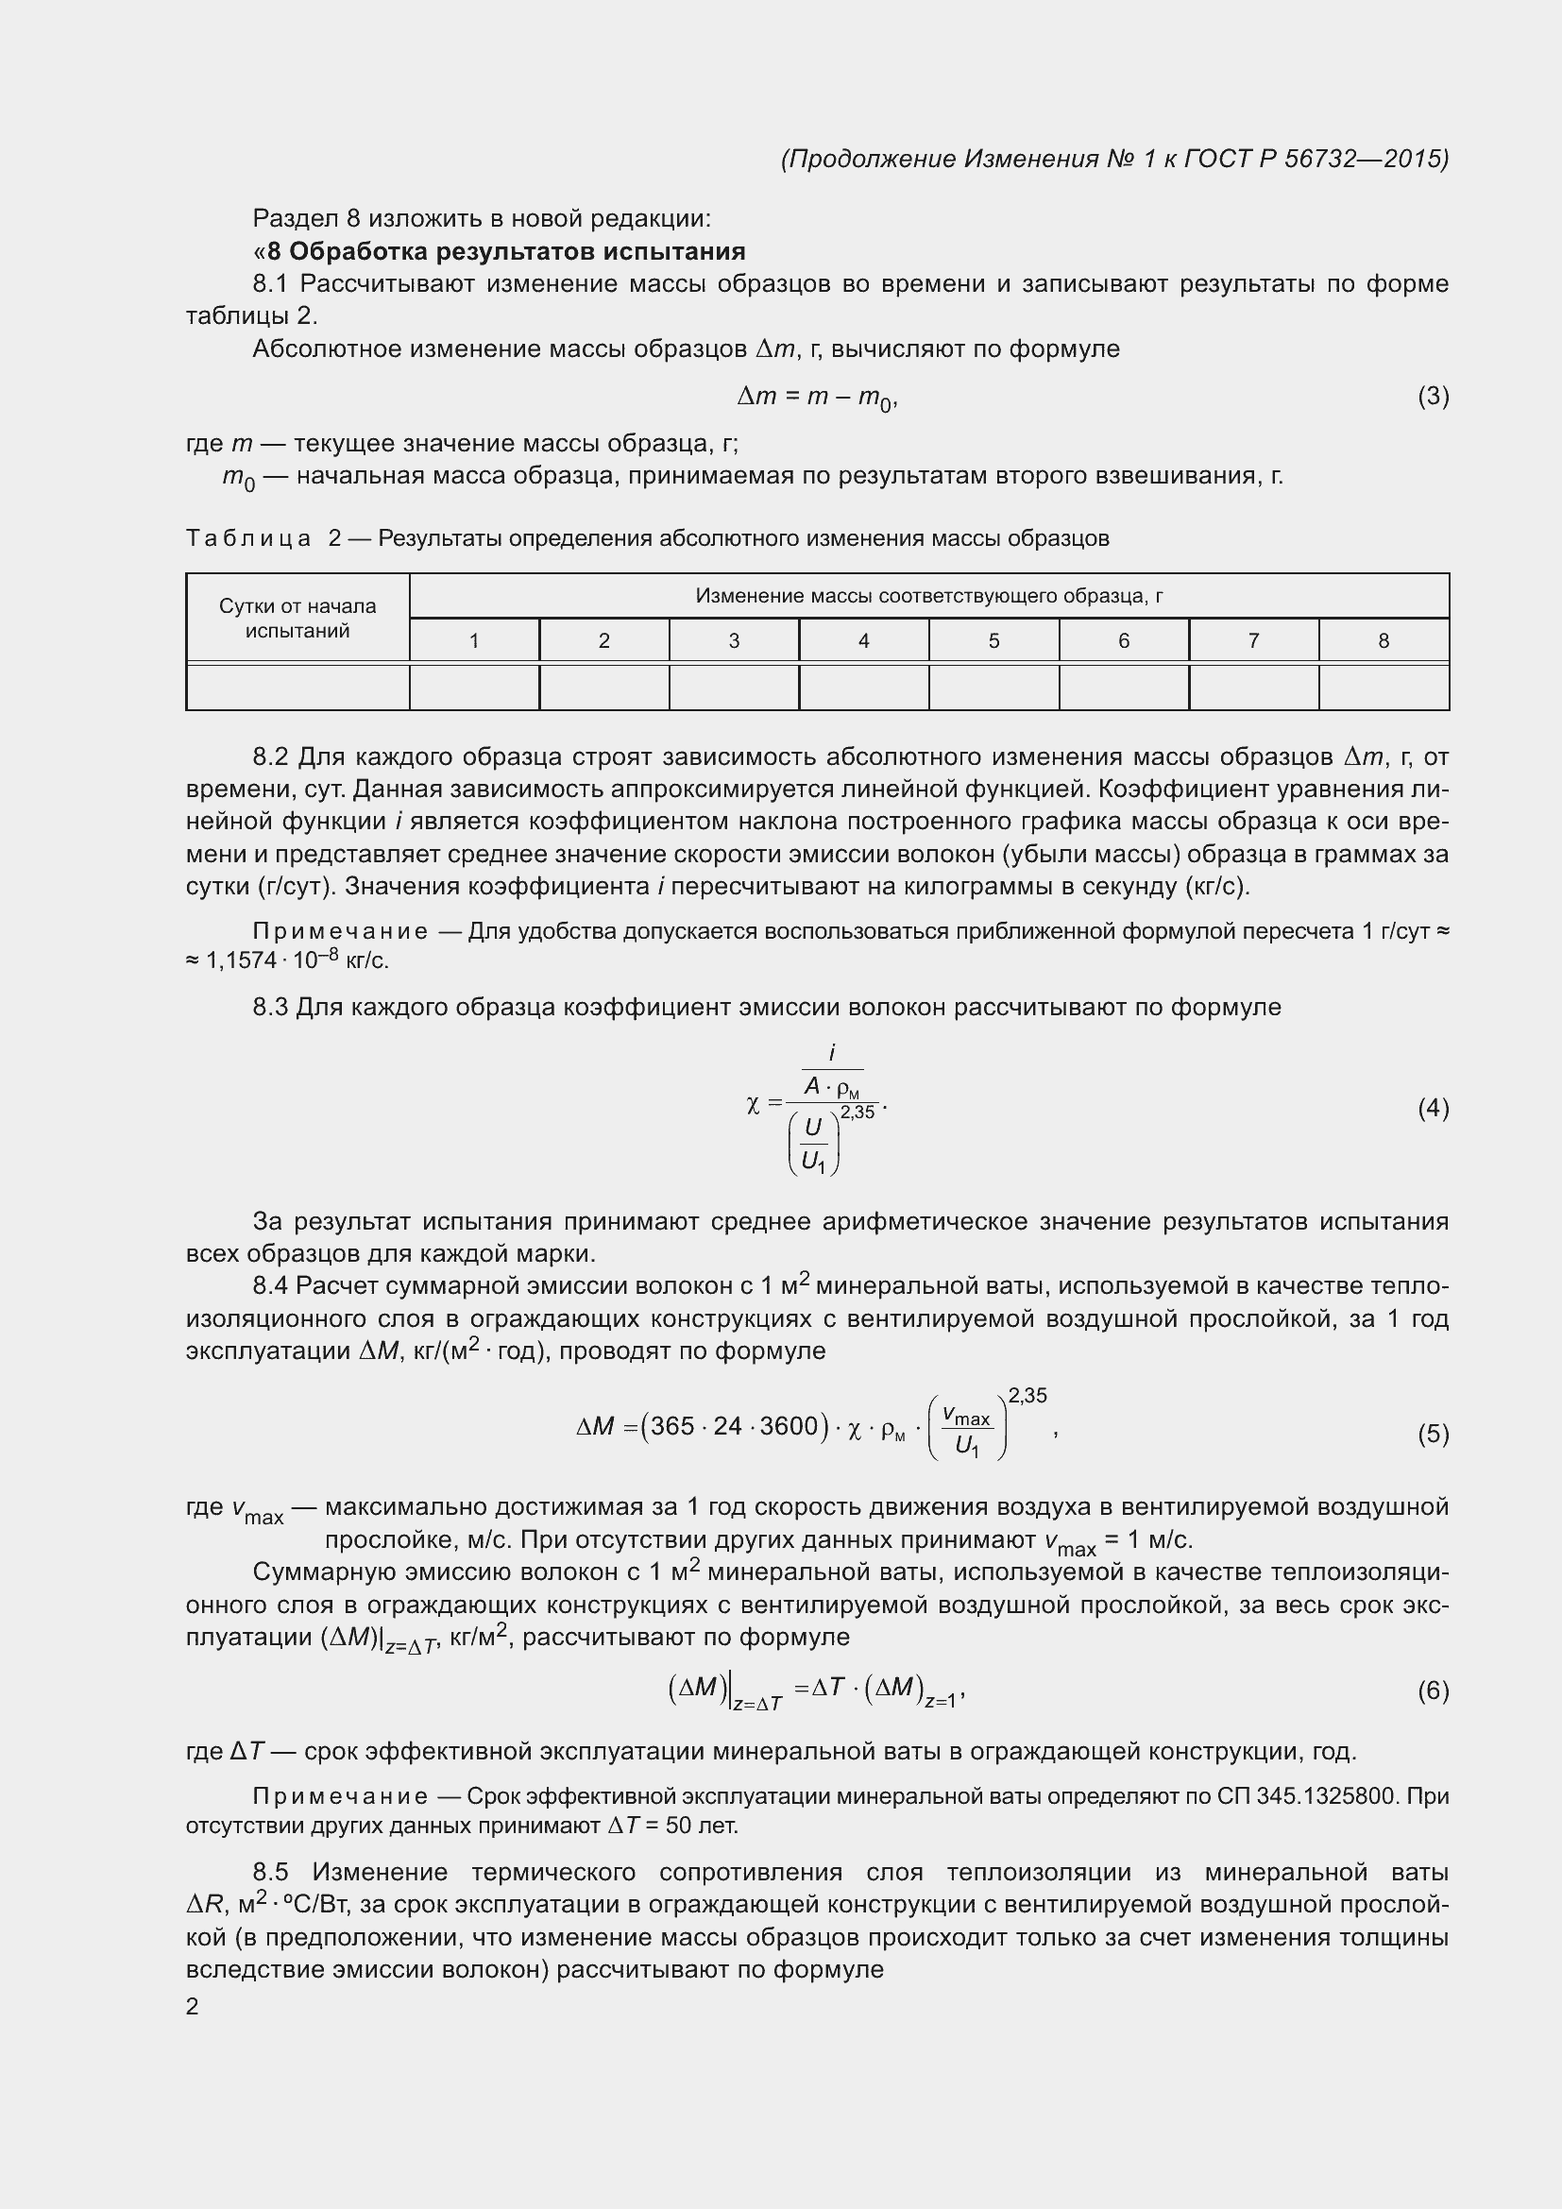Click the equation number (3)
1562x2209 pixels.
coord(1433,397)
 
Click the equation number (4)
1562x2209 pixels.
coord(1433,1109)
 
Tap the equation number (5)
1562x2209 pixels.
coord(1433,1434)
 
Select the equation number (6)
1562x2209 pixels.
coord(1433,1691)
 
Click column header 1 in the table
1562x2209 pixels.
coord(474,640)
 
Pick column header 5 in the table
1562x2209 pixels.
coord(993,640)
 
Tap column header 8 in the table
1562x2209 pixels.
coord(1384,640)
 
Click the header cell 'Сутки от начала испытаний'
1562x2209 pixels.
coord(297,619)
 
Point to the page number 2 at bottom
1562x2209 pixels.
coord(193,2006)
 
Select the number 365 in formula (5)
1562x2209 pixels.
coord(672,1426)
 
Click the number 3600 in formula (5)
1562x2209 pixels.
coord(789,1426)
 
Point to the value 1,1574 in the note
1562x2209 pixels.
coord(241,961)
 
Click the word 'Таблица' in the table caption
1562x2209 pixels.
coord(248,538)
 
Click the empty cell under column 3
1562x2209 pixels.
coord(734,687)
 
